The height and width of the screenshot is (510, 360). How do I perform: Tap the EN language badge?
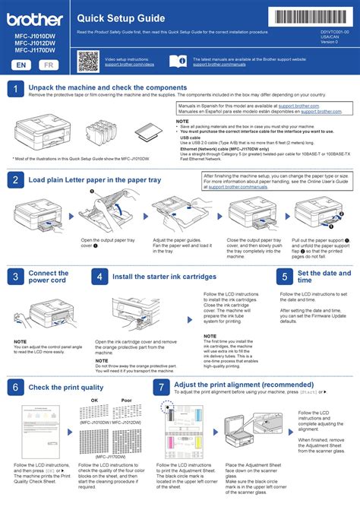(23, 65)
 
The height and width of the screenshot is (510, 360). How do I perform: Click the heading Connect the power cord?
(49, 277)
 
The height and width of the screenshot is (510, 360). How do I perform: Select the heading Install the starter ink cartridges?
(159, 277)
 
